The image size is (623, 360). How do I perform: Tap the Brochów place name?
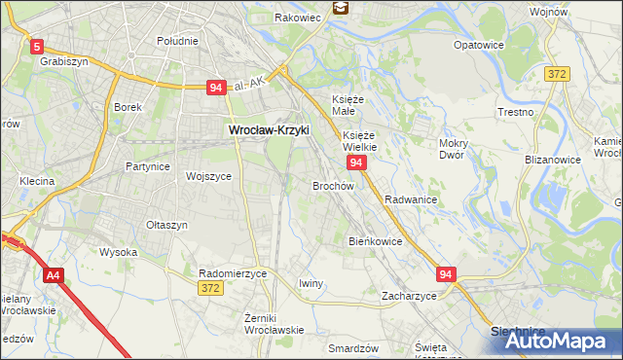(332, 185)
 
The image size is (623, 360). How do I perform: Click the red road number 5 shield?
(37, 46)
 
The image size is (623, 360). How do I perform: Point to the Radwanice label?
(410, 198)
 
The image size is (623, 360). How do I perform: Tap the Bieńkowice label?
(375, 240)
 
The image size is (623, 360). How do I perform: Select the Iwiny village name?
(311, 283)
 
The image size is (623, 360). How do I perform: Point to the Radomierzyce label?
(232, 274)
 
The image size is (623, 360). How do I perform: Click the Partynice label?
(148, 166)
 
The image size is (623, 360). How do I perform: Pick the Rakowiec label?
(297, 18)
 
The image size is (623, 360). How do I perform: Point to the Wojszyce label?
(208, 176)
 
